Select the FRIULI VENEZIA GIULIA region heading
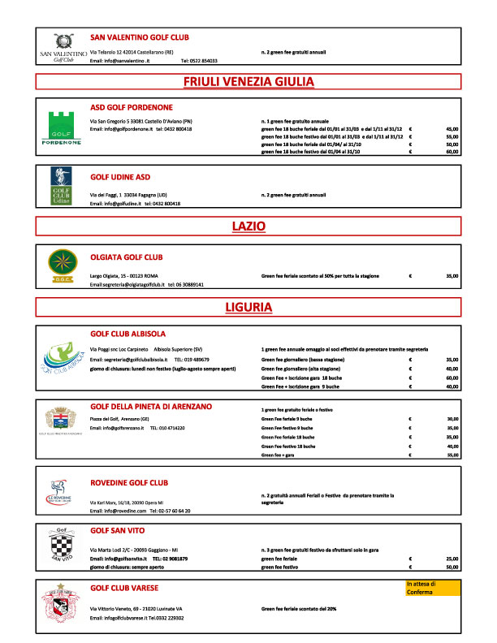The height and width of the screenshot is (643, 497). [x=248, y=81]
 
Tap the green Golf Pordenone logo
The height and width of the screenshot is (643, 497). [x=62, y=127]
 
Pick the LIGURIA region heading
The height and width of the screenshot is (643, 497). [x=248, y=307]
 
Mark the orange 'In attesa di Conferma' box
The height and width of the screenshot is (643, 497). [x=432, y=588]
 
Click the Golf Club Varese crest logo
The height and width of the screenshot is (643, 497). [x=62, y=604]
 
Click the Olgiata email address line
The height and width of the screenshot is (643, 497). [x=147, y=285]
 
